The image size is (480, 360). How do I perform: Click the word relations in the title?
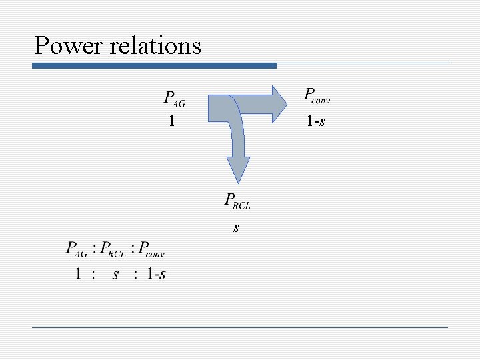coord(155,46)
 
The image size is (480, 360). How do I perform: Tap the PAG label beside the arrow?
coord(175,99)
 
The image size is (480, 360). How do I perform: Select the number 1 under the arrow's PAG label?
coord(172,121)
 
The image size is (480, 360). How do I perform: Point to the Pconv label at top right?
coord(317,95)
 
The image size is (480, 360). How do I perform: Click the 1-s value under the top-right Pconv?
coord(316,121)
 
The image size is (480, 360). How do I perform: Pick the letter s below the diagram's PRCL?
coord(237,227)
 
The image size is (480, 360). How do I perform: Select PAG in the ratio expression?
coord(77,250)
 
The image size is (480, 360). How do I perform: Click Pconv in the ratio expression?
coord(152,250)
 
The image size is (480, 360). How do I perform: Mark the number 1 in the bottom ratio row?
coord(79,274)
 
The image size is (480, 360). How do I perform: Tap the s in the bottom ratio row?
coord(115,274)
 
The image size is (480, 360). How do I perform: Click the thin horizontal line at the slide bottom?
coord(240,327)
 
